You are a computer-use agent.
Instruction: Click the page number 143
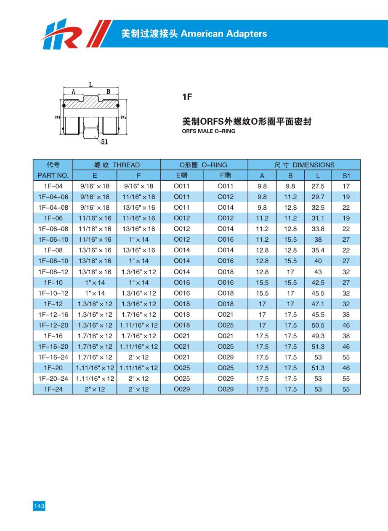39,506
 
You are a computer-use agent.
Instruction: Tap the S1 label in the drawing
104,142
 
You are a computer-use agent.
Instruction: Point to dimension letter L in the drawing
90,85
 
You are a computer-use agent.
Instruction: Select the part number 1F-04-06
53,197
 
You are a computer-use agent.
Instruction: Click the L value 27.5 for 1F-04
318,186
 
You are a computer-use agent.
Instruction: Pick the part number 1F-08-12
53,272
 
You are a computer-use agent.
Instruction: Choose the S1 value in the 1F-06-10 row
346,240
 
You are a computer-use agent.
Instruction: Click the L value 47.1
318,304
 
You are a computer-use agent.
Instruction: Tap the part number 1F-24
53,389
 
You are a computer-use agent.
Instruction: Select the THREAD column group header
117,165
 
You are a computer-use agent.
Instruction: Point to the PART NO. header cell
53,176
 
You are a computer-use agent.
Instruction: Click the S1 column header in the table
346,176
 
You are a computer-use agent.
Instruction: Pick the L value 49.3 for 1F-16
318,336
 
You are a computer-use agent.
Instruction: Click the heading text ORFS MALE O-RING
208,131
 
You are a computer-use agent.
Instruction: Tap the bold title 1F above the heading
187,97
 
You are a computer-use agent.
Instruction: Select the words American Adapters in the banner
223,34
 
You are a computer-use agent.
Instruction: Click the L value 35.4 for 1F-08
318,250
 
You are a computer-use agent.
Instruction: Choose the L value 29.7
318,197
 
